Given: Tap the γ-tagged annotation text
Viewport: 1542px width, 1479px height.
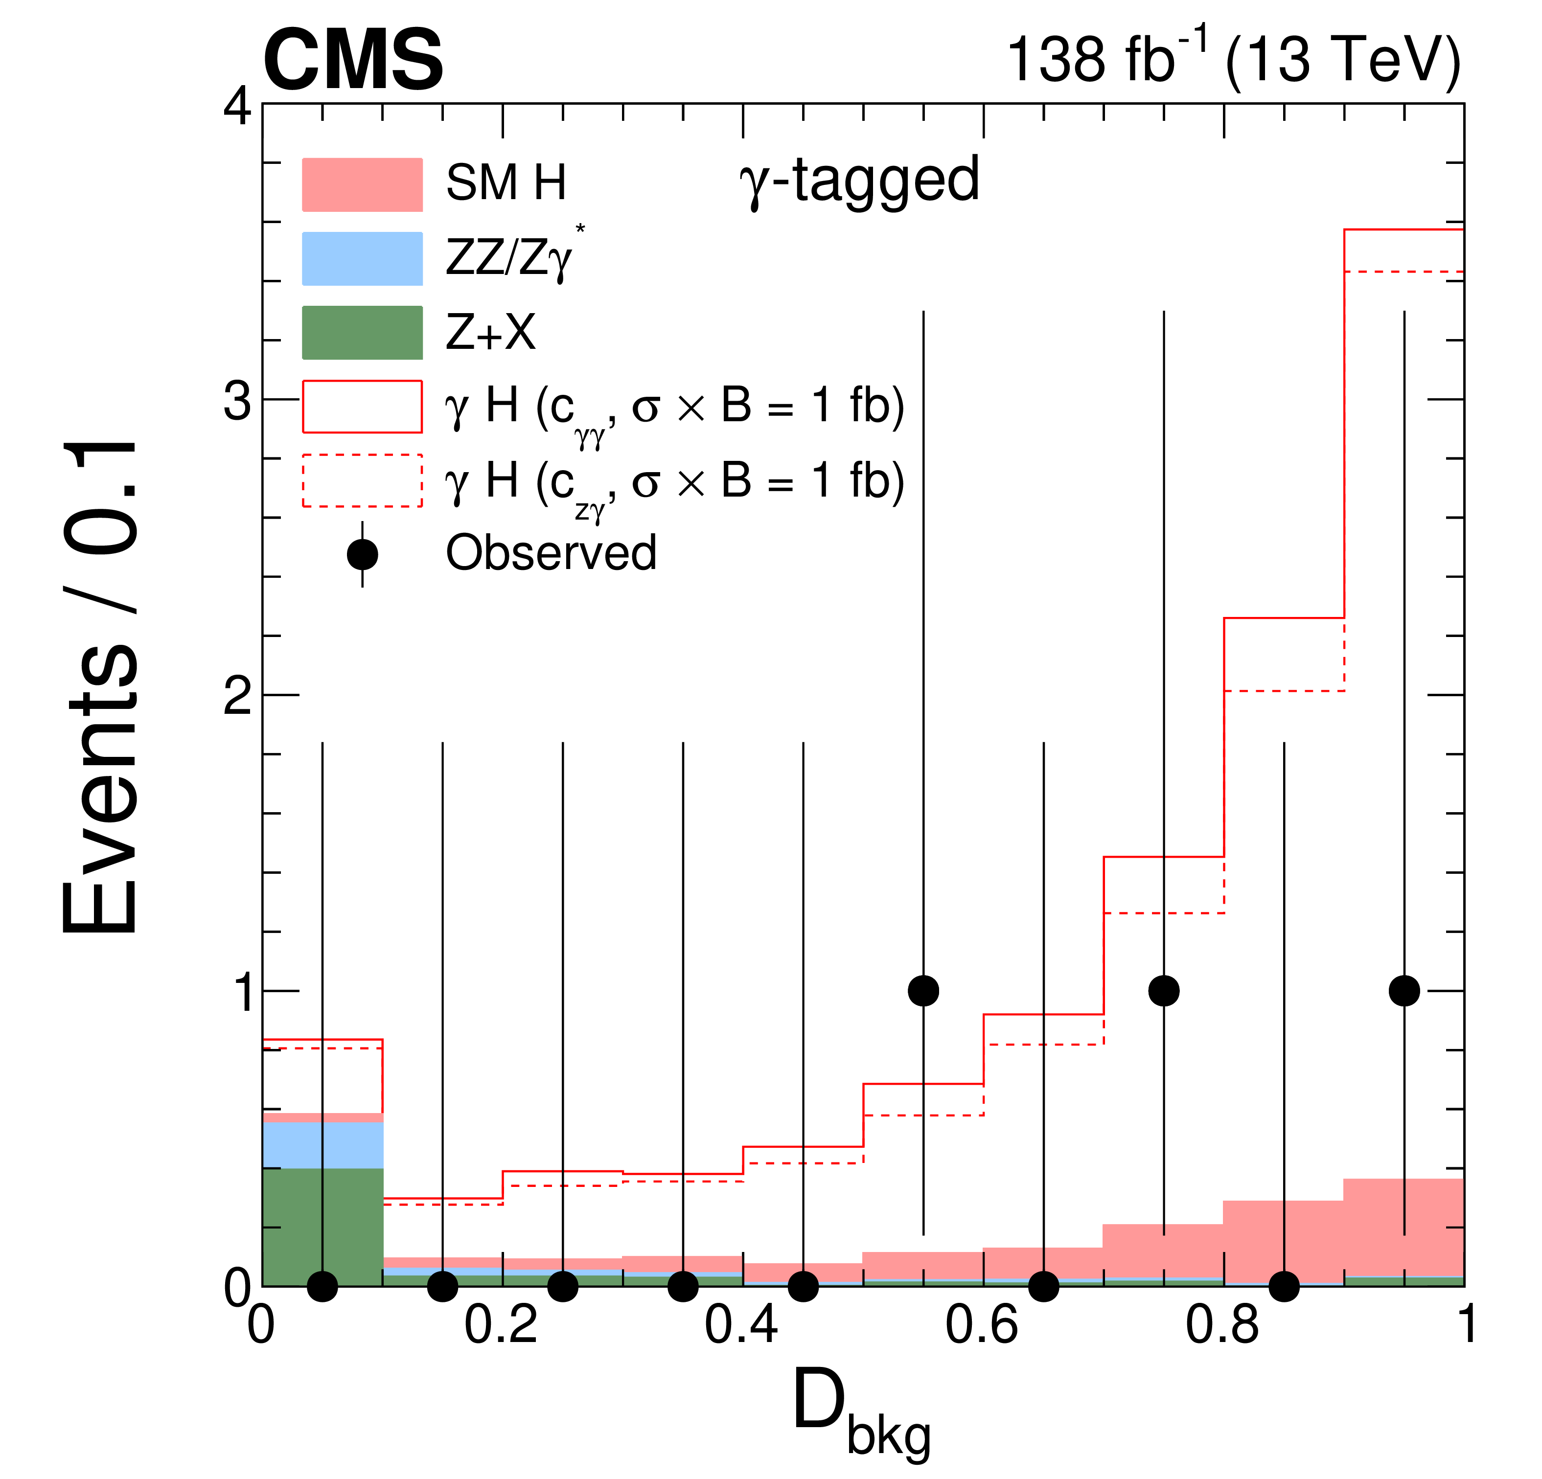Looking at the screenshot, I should coord(859,181).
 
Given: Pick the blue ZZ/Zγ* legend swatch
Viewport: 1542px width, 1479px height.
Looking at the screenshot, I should coord(362,259).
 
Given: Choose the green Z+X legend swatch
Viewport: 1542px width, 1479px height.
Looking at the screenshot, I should coord(362,333).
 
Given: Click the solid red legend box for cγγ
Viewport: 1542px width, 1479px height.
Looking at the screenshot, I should coord(362,407).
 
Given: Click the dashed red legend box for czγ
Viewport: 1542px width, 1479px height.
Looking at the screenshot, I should coord(362,480).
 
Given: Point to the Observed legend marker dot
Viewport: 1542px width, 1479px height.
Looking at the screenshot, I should coord(362,555).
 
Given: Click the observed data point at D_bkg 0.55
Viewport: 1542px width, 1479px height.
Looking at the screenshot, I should coord(923,990).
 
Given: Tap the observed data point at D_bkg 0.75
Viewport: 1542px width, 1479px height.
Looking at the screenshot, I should coord(1164,990).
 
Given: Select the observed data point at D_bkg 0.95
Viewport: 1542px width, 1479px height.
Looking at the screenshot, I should coord(1404,990).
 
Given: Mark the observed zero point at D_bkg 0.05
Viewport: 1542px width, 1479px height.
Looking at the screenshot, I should coord(322,1286).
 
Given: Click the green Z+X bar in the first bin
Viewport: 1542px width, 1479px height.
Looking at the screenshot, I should coord(322,1227).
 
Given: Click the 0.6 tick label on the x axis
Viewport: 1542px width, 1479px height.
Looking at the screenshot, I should coord(981,1325).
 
